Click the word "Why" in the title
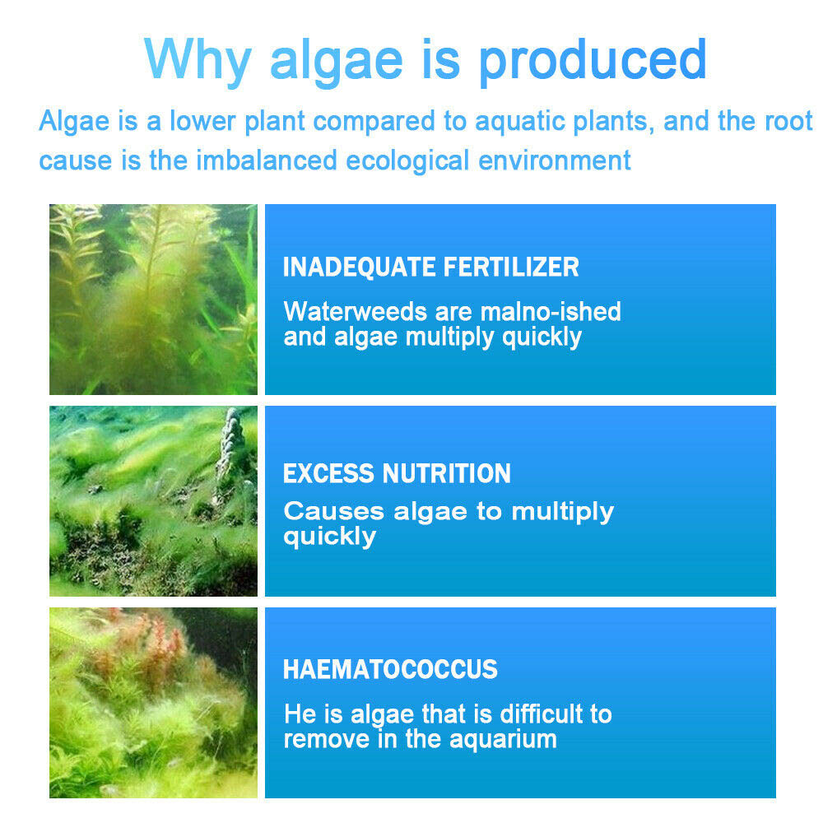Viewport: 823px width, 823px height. click(x=200, y=60)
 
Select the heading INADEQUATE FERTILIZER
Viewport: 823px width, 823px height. click(x=430, y=267)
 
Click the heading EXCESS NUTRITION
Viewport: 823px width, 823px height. click(x=397, y=473)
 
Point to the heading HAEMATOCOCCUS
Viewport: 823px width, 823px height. click(x=390, y=669)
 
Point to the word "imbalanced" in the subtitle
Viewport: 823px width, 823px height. click(x=266, y=159)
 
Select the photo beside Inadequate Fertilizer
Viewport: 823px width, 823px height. click(x=153, y=300)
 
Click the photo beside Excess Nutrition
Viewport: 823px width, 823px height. click(x=153, y=501)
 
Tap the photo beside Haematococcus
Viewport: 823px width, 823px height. click(x=153, y=703)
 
